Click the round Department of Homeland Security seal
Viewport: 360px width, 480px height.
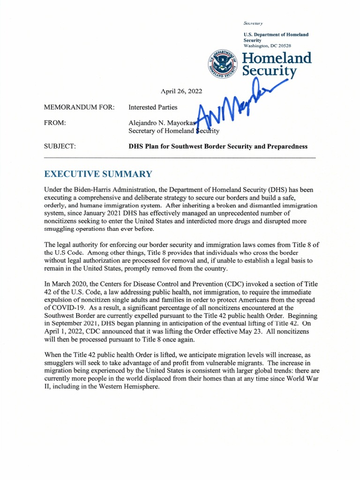pos(222,65)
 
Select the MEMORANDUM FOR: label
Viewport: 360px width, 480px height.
pos(79,107)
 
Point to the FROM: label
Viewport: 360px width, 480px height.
pos(55,123)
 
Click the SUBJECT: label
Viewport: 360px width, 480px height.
pos(60,146)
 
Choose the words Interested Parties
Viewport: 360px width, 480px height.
pos(153,107)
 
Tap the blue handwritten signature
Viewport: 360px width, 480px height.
pos(239,105)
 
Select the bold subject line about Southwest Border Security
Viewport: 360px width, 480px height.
pos(218,146)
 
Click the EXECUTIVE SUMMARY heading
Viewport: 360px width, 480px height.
pos(98,174)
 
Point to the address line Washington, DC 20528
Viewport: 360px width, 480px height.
pos(267,46)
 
